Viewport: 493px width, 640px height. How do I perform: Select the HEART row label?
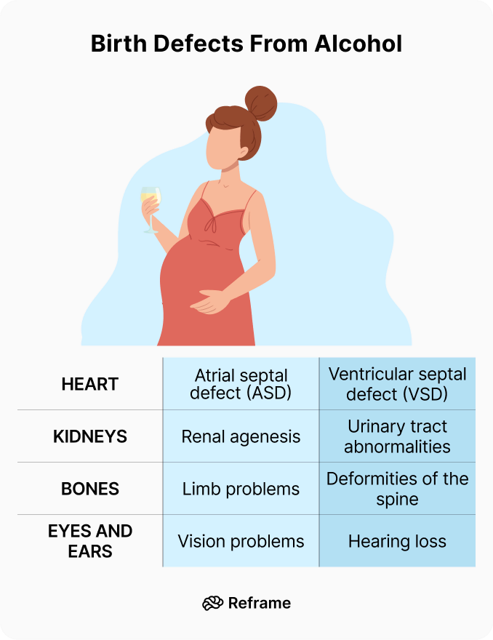tap(90, 384)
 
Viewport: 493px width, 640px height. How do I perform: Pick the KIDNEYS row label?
tap(90, 436)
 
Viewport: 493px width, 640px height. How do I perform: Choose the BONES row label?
tap(90, 489)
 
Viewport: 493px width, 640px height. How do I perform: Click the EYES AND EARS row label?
tap(90, 540)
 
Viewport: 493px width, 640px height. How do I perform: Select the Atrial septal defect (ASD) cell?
tap(241, 385)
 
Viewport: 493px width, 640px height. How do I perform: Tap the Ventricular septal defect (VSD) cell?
tap(397, 384)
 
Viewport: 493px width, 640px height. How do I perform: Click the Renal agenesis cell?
tap(241, 437)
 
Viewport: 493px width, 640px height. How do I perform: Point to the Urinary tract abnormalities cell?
tap(397, 436)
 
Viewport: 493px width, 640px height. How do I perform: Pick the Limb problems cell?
tap(241, 489)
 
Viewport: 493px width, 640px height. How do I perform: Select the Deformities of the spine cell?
tap(397, 489)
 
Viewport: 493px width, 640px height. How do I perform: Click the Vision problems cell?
tap(241, 541)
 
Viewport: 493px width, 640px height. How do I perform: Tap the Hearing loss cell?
tap(397, 541)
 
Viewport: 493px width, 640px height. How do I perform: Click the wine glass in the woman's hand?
tap(151, 204)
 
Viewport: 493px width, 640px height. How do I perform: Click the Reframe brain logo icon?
tap(212, 603)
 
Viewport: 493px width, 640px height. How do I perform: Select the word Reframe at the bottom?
tap(259, 603)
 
